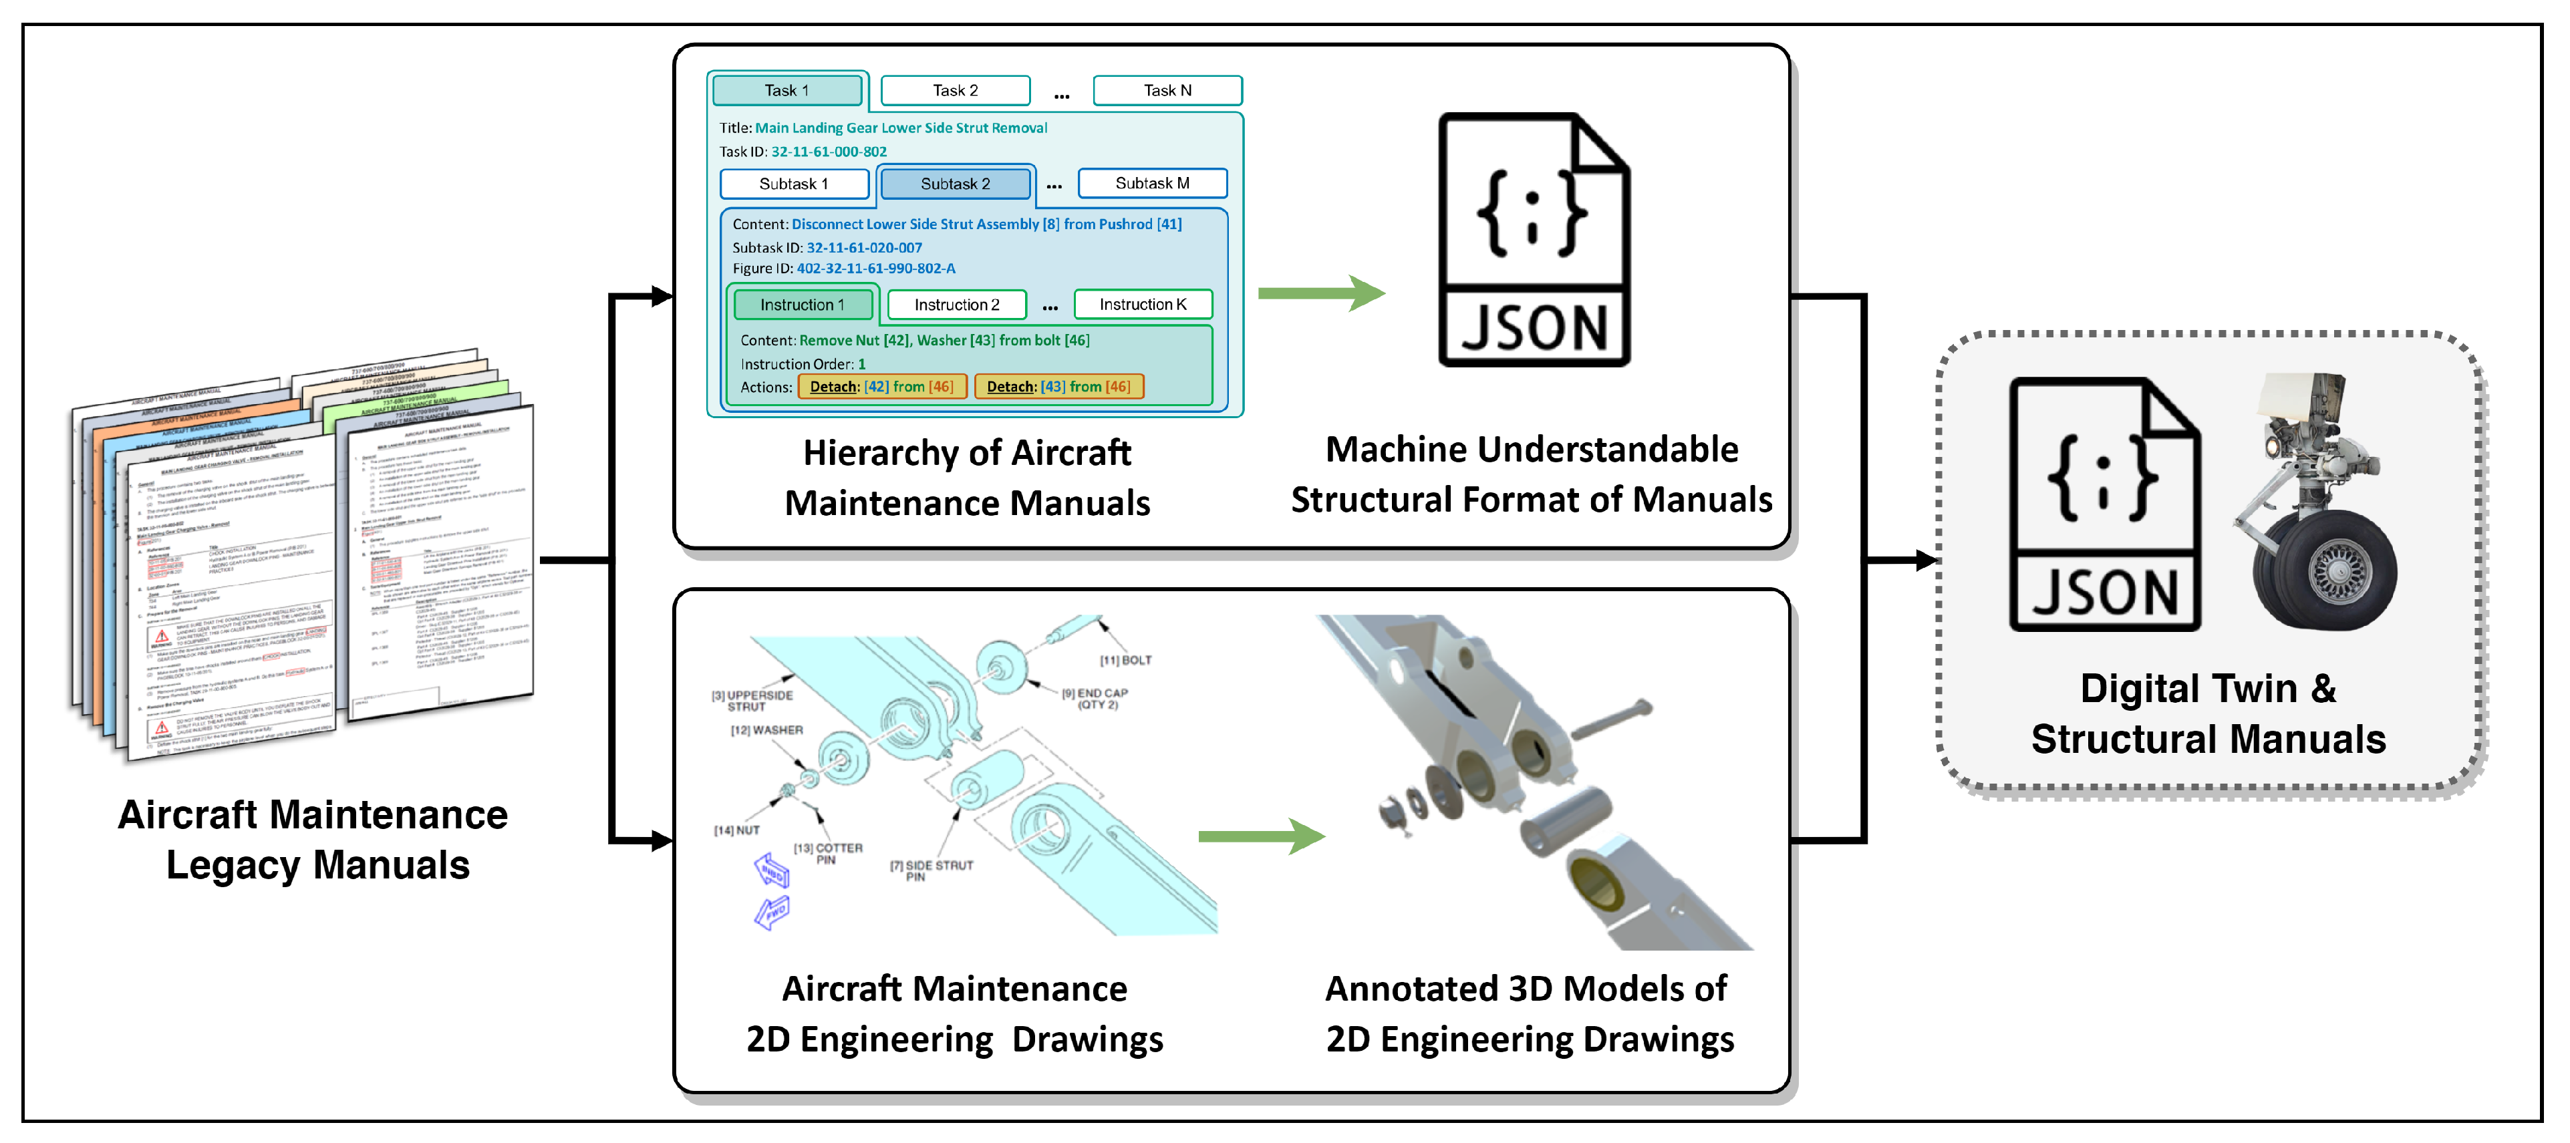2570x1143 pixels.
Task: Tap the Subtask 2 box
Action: [955, 184]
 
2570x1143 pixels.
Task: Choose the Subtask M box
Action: [1151, 184]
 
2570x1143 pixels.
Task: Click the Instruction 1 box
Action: [802, 304]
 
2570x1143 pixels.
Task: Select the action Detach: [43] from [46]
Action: [1058, 387]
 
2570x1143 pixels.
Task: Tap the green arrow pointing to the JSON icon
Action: [1320, 293]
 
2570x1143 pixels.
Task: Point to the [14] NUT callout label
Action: [736, 830]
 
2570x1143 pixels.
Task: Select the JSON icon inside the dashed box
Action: [2103, 504]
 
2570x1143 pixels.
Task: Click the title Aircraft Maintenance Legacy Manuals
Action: [314, 840]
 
